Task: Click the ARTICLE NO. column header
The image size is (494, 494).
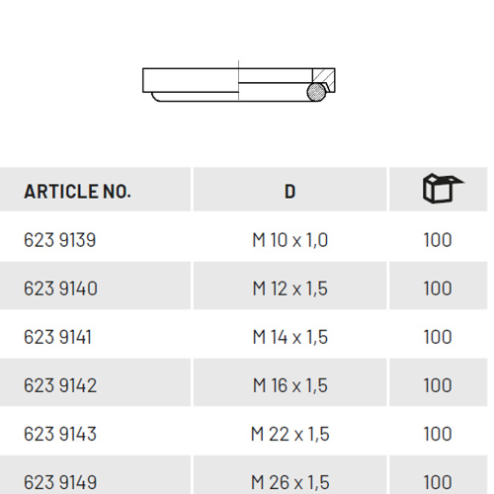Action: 77,192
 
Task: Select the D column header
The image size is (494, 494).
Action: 289,192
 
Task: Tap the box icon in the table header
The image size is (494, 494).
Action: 442,189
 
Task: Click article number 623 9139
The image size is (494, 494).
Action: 60,240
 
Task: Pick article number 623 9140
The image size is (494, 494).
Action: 60,288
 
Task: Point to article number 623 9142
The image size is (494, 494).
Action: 60,385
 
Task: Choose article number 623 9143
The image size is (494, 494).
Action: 60,434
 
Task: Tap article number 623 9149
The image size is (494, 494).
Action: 60,482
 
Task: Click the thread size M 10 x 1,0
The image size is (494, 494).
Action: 289,240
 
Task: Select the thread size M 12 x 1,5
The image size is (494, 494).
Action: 289,288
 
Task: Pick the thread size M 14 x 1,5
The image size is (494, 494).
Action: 289,337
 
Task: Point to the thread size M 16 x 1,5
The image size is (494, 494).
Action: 289,385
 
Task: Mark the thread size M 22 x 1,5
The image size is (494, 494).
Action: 289,434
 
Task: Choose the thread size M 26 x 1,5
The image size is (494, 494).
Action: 289,482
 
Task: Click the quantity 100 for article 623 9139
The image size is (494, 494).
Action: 438,240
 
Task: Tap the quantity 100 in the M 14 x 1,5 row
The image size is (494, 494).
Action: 438,337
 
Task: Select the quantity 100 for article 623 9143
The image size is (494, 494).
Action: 438,434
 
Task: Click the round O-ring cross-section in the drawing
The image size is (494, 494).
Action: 315,92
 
